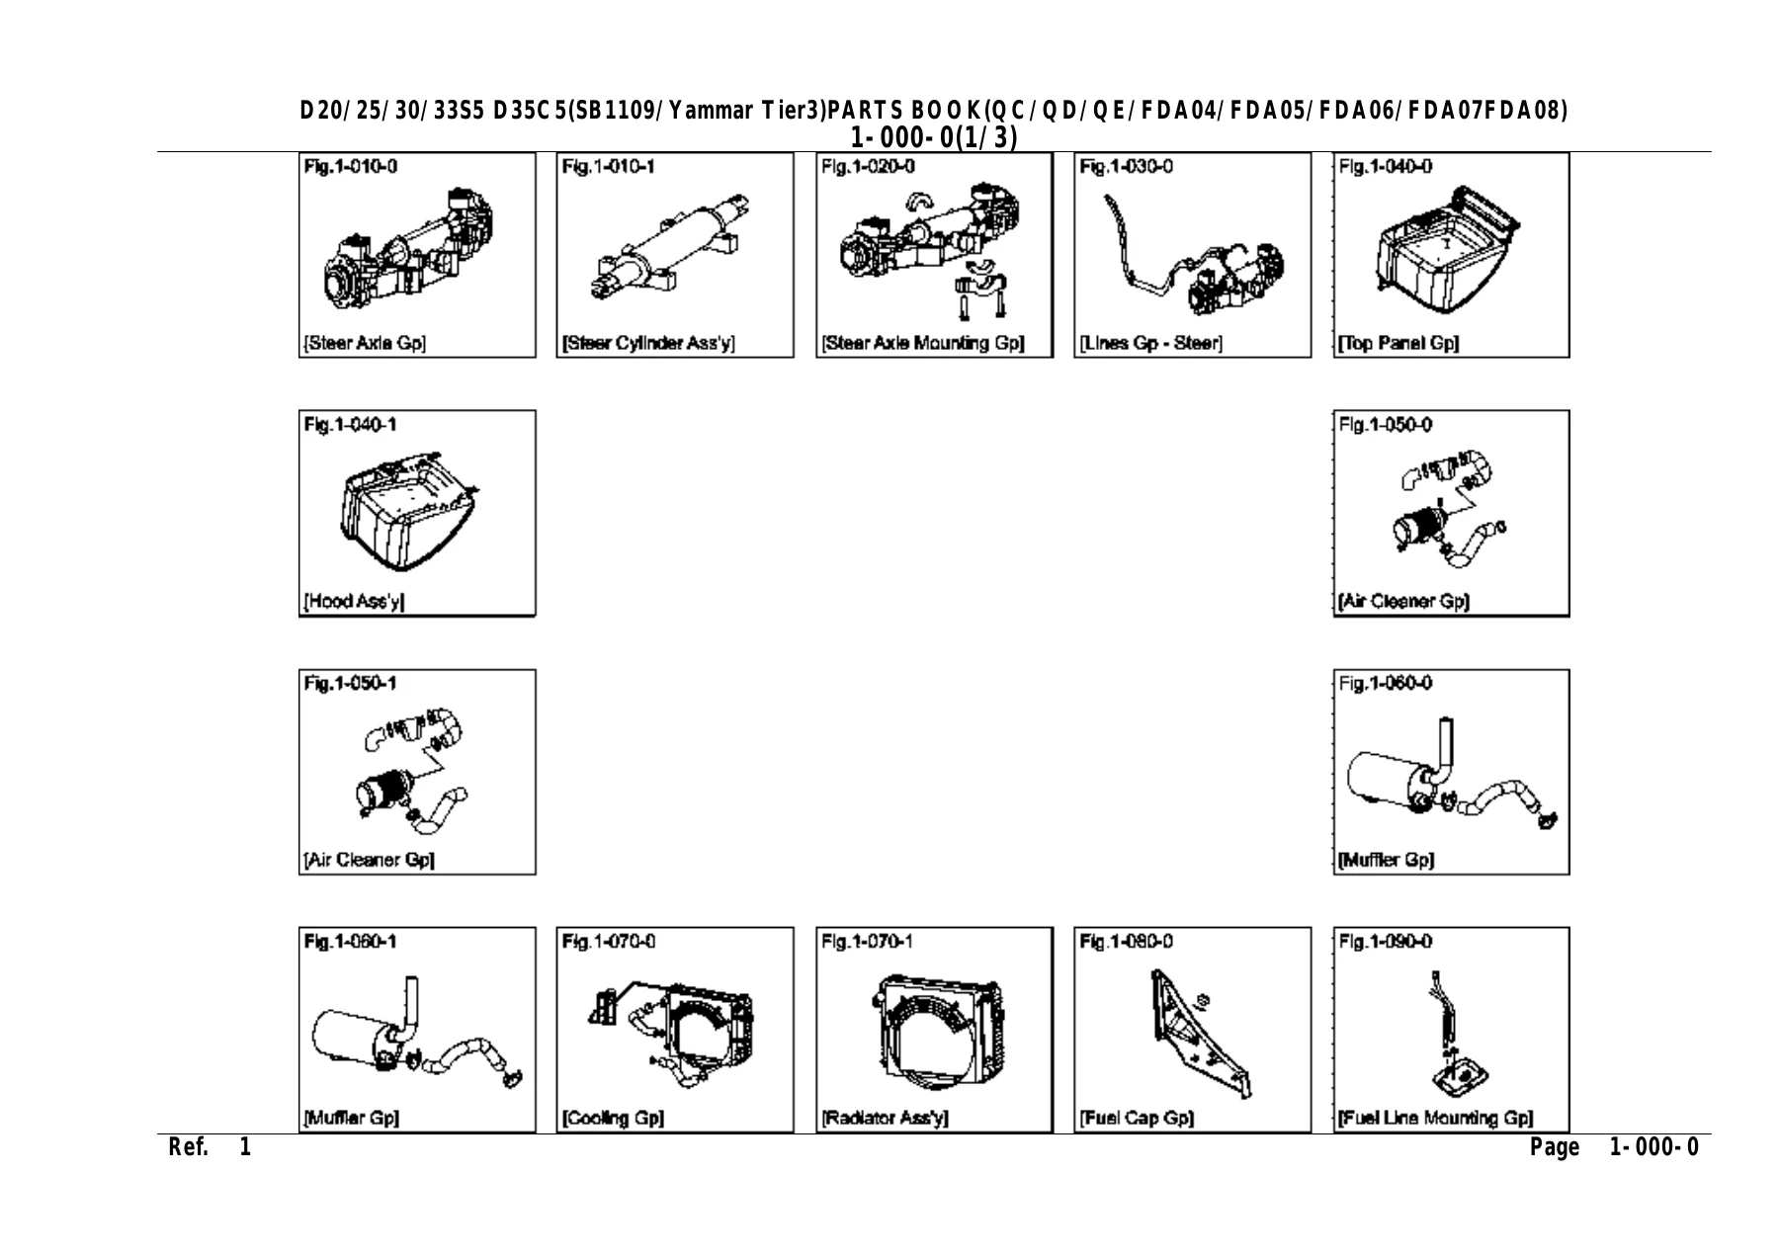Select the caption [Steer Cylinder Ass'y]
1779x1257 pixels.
648,344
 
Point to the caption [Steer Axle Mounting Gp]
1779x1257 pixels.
922,344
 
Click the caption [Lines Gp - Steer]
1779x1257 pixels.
1151,344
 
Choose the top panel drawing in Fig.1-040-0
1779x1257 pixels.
1447,246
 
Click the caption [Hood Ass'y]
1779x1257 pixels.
354,602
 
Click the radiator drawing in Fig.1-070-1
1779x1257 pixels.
937,1028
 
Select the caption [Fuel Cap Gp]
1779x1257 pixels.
1137,1119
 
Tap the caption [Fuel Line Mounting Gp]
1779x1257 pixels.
1435,1119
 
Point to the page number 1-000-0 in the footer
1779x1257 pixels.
1654,1147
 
